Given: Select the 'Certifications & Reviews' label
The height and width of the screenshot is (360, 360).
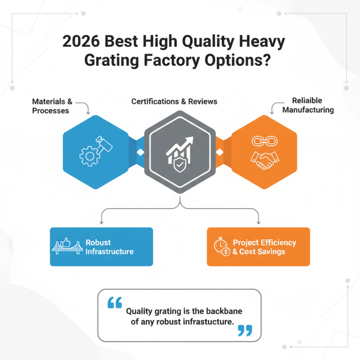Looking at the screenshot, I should coord(174,101).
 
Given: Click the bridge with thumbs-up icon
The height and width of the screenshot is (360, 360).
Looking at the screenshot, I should coord(68,247).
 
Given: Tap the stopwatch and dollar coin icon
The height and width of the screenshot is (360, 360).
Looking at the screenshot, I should coord(222,247).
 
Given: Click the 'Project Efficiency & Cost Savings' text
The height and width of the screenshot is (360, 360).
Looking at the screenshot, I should coord(264,247).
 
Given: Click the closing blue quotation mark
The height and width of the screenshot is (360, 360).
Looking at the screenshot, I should coord(244,331).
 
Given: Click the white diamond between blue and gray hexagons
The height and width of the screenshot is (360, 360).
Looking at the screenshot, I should coord(140,153).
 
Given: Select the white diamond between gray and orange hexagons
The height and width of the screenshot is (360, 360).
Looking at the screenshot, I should coord(220,153).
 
